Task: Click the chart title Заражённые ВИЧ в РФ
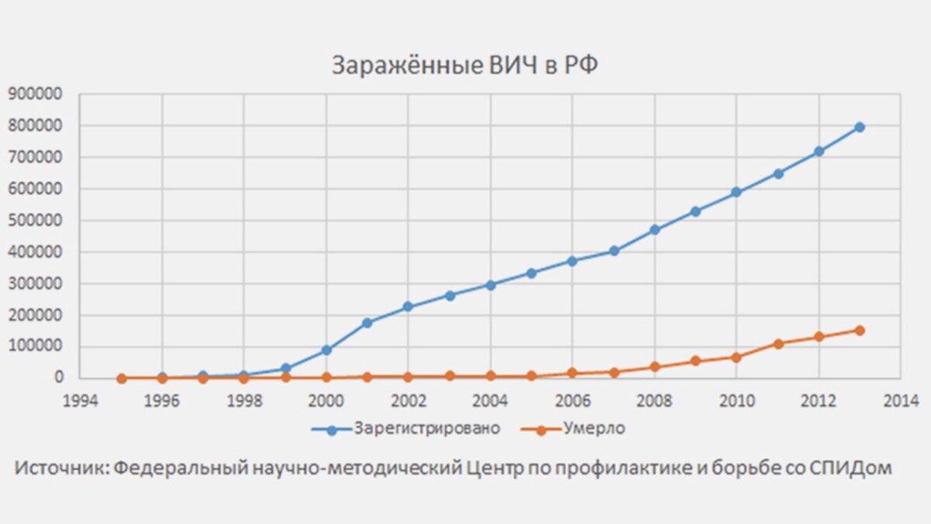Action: point(465,65)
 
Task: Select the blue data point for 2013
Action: point(860,127)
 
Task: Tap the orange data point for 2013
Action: point(860,330)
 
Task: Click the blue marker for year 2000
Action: point(327,350)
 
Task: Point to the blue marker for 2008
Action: point(655,230)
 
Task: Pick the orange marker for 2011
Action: point(777,343)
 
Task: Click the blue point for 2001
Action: point(368,322)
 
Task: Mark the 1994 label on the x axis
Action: point(81,400)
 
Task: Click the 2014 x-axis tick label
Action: point(900,400)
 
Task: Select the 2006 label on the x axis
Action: point(573,400)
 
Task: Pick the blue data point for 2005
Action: point(531,273)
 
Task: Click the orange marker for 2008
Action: point(655,366)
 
